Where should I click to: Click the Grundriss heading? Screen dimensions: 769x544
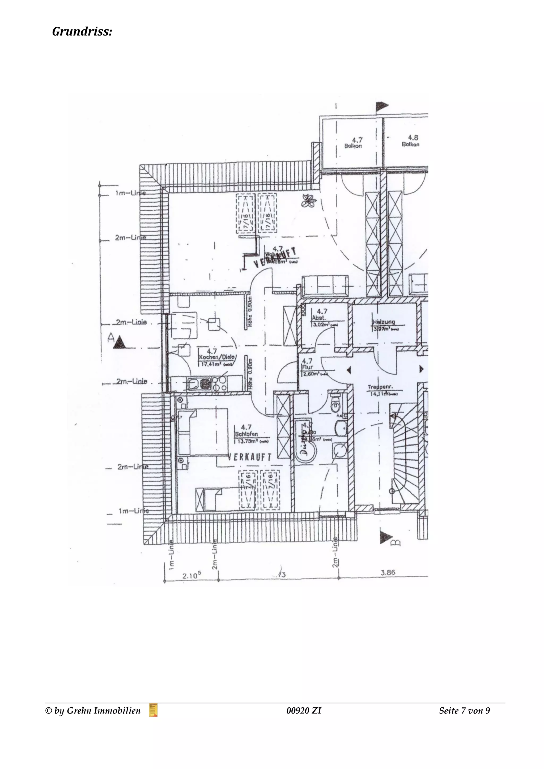(x=82, y=32)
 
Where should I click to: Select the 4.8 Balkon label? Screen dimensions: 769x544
(x=411, y=141)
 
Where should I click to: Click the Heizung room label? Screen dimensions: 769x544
(x=384, y=322)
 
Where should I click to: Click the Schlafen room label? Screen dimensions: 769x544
(x=246, y=434)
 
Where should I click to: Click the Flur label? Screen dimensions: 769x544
(x=308, y=367)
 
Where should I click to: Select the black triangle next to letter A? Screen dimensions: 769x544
(x=120, y=342)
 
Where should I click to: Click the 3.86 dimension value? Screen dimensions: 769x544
(x=388, y=573)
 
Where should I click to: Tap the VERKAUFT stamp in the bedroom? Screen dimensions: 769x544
(x=250, y=457)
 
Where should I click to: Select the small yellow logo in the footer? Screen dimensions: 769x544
(x=153, y=710)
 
